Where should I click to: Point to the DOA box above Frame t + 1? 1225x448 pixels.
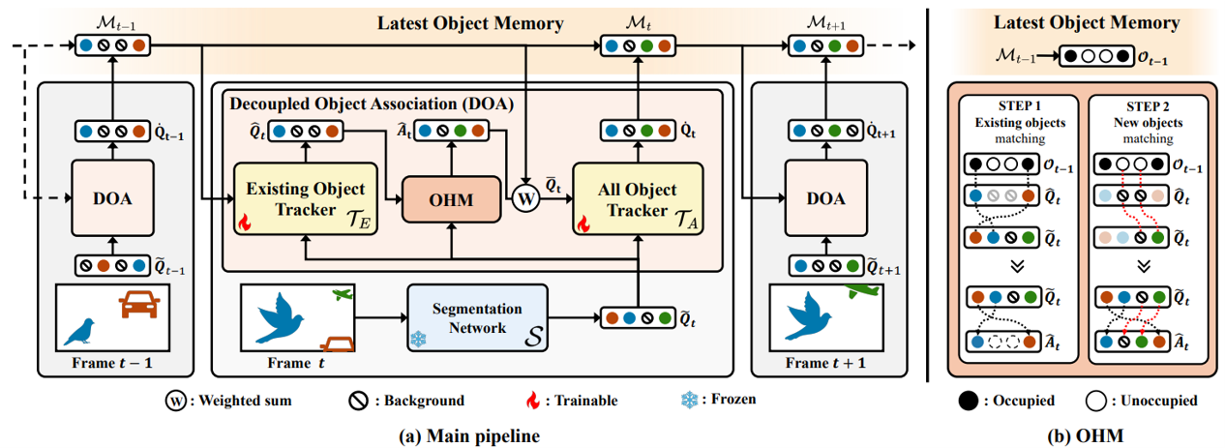click(828, 201)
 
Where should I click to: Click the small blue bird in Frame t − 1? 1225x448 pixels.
click(80, 331)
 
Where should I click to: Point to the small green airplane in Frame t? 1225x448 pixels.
click(343, 292)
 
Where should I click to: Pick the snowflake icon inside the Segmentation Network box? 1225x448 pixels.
click(419, 340)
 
